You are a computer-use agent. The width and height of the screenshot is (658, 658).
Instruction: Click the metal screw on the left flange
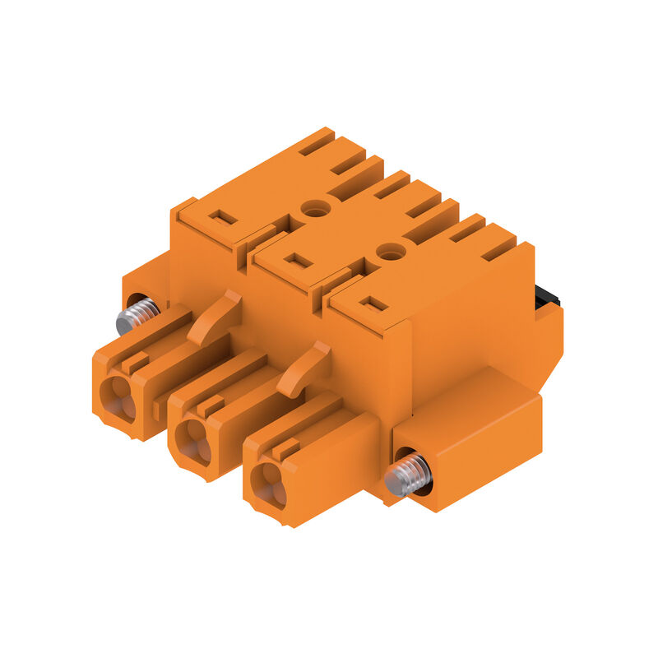click(137, 315)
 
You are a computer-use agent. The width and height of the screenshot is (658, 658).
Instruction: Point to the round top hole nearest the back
click(314, 208)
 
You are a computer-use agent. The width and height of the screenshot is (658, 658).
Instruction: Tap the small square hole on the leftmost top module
click(222, 218)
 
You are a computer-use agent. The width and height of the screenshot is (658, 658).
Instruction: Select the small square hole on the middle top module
click(298, 260)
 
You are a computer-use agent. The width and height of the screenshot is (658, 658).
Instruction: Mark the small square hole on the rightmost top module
click(373, 304)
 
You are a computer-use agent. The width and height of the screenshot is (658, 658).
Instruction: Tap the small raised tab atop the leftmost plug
click(136, 362)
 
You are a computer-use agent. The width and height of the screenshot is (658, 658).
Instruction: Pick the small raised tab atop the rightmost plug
click(285, 449)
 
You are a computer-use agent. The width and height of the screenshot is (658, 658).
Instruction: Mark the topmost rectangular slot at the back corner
click(317, 141)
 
